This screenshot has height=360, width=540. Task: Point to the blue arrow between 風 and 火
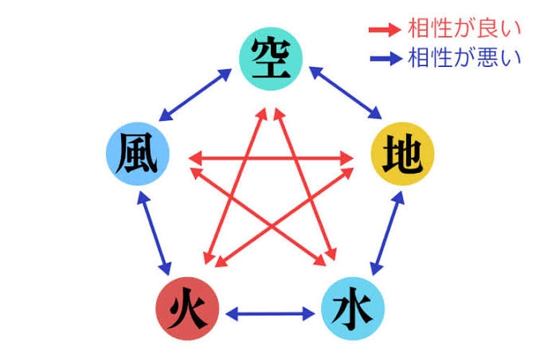pyautogui.click(x=155, y=233)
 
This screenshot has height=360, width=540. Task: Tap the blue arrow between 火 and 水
pyautogui.click(x=270, y=313)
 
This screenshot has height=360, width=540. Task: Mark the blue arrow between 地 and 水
pyautogui.click(x=385, y=233)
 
